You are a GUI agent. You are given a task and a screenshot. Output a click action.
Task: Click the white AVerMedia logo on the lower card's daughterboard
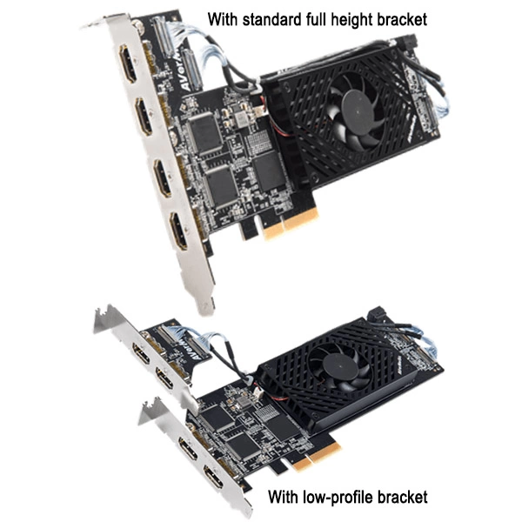(197, 353)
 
